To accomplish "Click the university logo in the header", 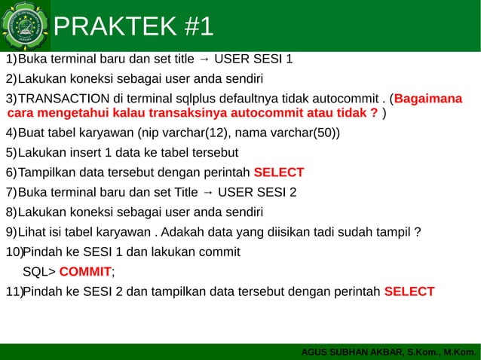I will (x=26, y=25).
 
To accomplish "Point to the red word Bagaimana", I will (x=428, y=100).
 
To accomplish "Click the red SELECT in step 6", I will (x=279, y=172).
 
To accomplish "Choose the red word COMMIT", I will (x=84, y=272).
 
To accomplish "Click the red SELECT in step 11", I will (x=409, y=291).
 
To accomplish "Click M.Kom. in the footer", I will (x=461, y=352).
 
